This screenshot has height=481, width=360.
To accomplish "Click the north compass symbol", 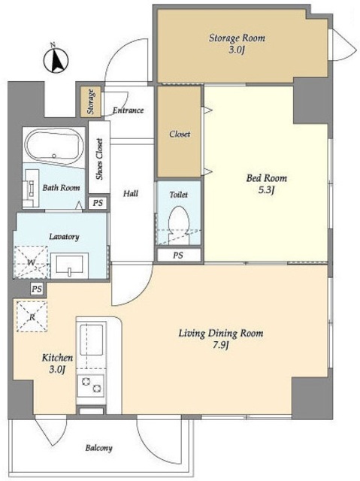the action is tap(56, 59).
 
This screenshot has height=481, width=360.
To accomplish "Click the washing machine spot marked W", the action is tap(32, 262).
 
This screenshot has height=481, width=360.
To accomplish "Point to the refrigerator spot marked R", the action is tap(32, 316).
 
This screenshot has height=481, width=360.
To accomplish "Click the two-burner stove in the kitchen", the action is tap(90, 386).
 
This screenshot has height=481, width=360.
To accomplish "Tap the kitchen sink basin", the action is tap(91, 340).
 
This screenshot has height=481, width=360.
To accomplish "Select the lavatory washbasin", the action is tap(69, 265).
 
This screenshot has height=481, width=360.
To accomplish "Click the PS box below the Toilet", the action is tap(178, 255).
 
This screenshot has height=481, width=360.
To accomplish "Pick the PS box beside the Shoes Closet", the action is tap(98, 203).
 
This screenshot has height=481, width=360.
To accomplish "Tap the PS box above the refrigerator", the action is tap(37, 289).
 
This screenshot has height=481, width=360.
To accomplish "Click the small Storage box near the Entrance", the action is tap(91, 102).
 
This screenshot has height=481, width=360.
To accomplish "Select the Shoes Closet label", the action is tap(99, 159).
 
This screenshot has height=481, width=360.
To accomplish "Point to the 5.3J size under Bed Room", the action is tap(266, 190).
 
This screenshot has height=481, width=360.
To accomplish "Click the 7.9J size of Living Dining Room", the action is tap(221, 346).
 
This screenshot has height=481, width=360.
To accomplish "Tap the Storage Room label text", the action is tap(237, 38).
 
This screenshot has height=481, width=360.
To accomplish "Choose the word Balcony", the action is tap(98, 448).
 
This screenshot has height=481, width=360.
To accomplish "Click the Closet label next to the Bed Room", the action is tap(180, 134).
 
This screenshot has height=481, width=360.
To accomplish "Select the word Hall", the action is tap(131, 194).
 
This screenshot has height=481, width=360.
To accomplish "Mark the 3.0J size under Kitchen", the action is tap(57, 370).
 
